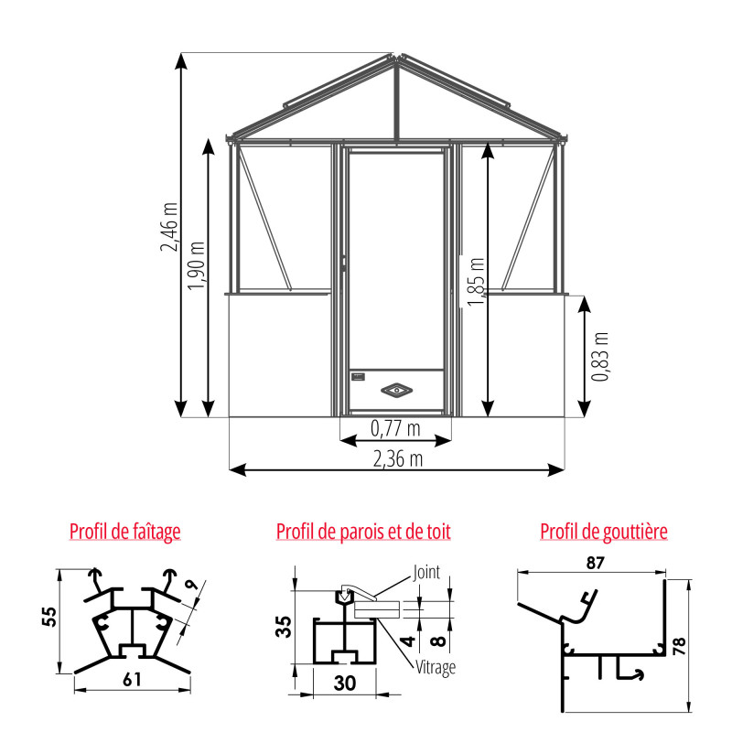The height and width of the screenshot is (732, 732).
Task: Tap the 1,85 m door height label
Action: click(475, 283)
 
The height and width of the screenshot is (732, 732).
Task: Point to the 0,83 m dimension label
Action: click(600, 357)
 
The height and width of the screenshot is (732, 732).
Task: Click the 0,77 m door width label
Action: click(395, 427)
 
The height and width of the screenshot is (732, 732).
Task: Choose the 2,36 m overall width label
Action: click(396, 457)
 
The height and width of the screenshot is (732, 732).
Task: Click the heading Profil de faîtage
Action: click(125, 531)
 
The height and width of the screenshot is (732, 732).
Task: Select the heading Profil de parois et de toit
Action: click(363, 531)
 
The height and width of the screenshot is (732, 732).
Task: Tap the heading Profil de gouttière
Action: click(604, 531)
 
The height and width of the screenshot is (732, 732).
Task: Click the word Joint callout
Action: click(426, 573)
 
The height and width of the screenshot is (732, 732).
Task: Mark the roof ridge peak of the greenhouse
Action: click(396, 58)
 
